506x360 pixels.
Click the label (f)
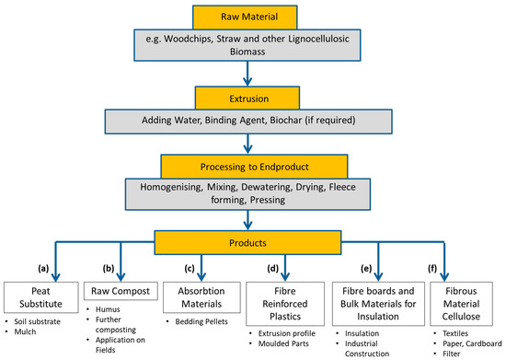[432, 268]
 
